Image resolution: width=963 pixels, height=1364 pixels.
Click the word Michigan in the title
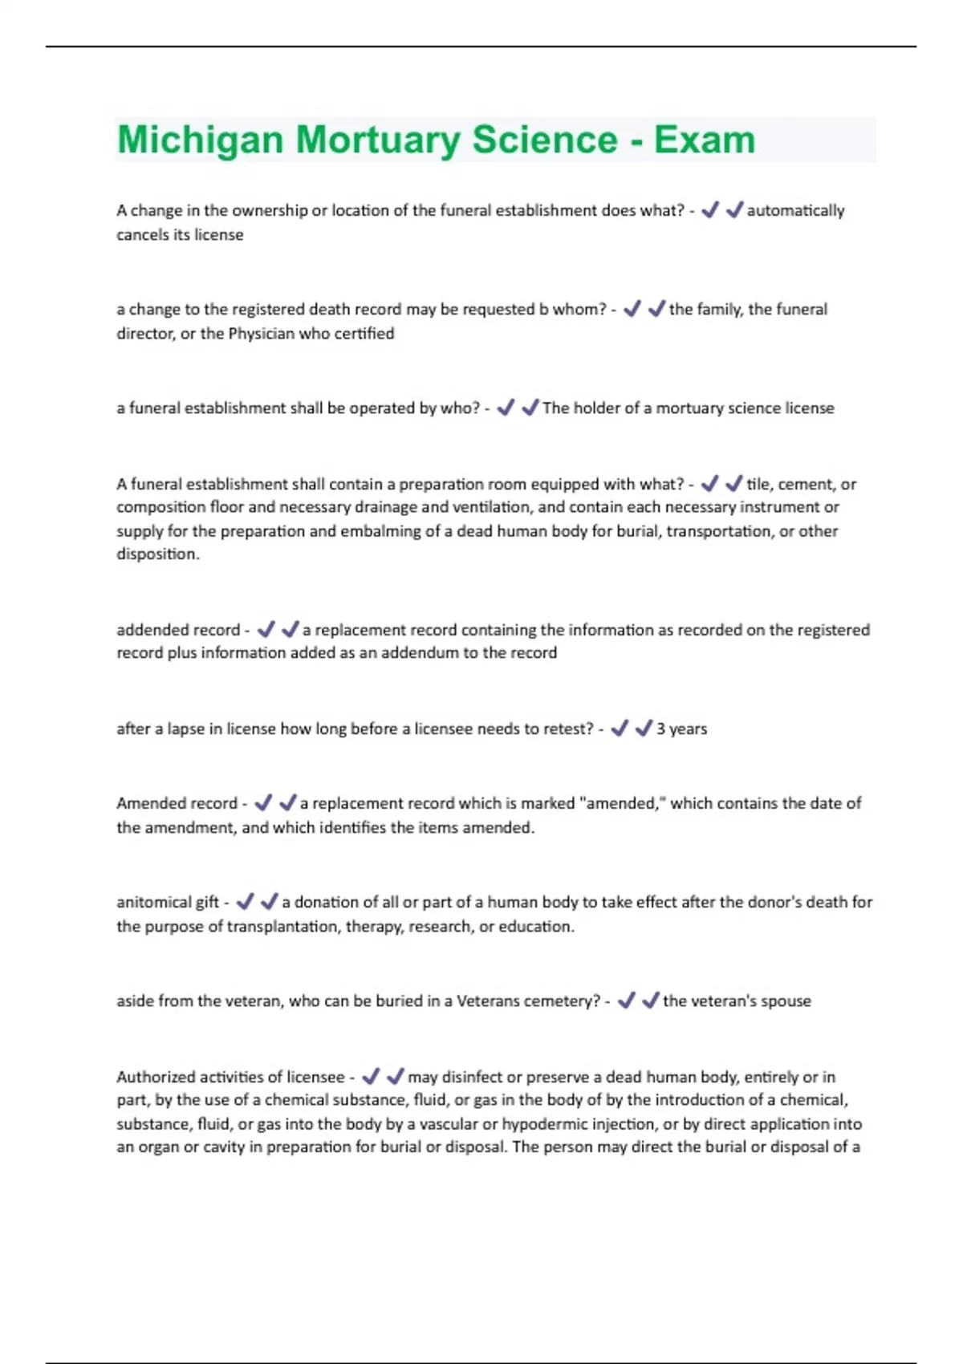pyautogui.click(x=200, y=140)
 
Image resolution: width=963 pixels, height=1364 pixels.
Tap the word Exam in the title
pyautogui.click(x=705, y=140)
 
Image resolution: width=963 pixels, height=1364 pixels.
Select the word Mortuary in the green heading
pyautogui.click(x=378, y=140)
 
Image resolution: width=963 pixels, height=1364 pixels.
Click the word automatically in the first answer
pyautogui.click(x=795, y=211)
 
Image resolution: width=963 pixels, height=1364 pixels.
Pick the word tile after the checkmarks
pyautogui.click(x=758, y=484)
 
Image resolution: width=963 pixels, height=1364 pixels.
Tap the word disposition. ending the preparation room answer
pyautogui.click(x=157, y=554)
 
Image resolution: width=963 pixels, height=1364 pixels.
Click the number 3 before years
pyautogui.click(x=661, y=729)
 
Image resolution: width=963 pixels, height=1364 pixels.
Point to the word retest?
pyautogui.click(x=565, y=729)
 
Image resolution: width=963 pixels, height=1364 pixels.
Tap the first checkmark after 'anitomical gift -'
pyautogui.click(x=245, y=902)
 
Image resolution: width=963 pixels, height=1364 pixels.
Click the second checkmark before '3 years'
pyautogui.click(x=644, y=729)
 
